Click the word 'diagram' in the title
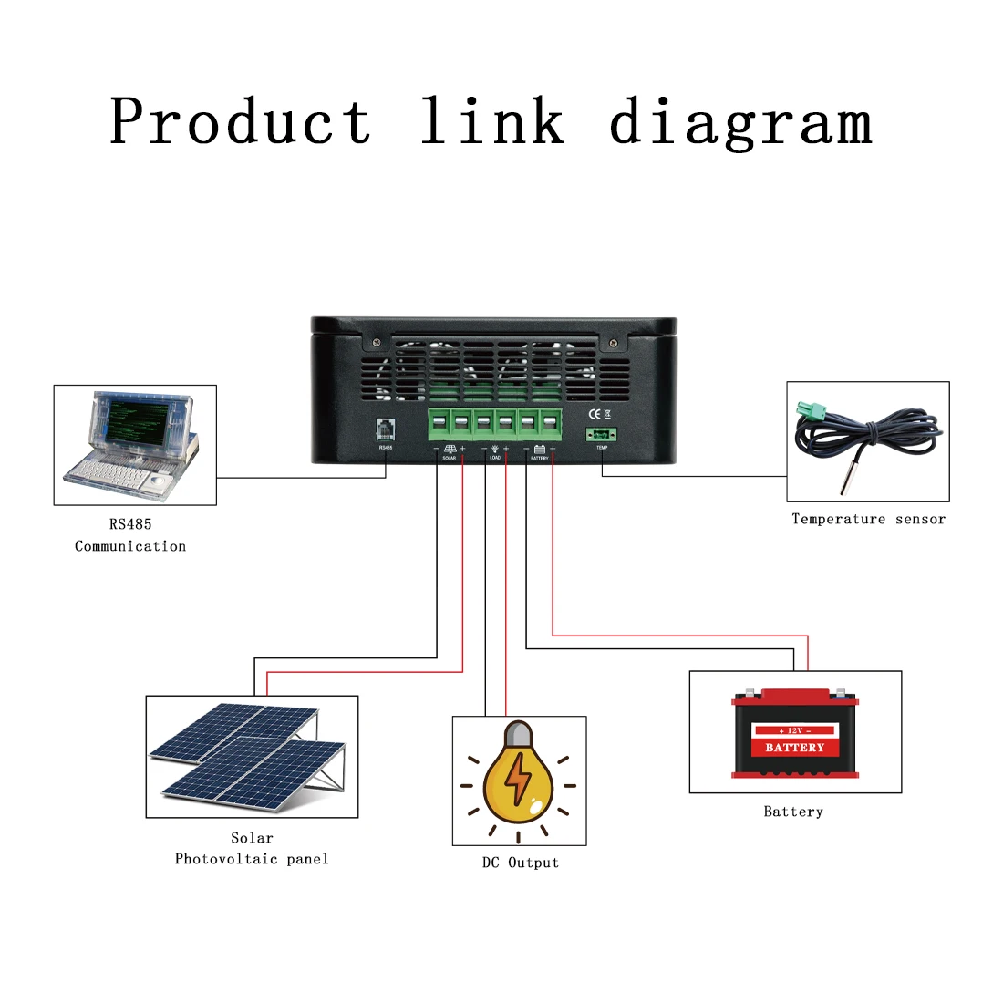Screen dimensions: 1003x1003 pos(740,122)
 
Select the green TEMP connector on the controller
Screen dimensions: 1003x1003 pos(601,435)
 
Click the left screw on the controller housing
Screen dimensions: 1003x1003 pos(375,342)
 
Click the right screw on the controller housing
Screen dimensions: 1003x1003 pos(613,342)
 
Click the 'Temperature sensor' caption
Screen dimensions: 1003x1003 pos(868,519)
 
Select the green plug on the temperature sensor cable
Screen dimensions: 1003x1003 pos(810,412)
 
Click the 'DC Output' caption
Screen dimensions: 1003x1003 pos(520,863)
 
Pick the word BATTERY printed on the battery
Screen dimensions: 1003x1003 pos(794,748)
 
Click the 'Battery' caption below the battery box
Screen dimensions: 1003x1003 pos(793,812)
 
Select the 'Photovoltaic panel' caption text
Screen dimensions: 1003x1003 pos(252,859)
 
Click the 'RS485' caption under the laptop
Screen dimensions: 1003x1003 pos(130,524)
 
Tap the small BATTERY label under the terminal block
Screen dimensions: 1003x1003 pos(540,458)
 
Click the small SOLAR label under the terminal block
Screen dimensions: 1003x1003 pos(450,458)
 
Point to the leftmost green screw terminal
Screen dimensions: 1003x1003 pos(439,423)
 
